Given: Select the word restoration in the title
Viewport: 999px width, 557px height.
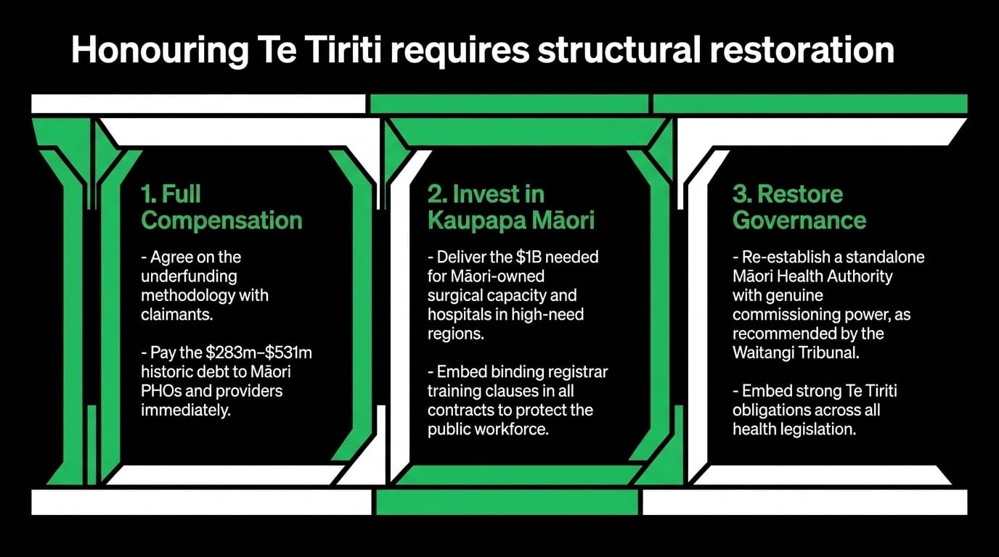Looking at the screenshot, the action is pyautogui.click(x=802, y=49).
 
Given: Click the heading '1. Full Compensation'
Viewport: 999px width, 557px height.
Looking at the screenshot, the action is pyautogui.click(x=221, y=207).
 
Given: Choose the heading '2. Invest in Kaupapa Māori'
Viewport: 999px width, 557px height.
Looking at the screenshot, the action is pyautogui.click(x=511, y=207).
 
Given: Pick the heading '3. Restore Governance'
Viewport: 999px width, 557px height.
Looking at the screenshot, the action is pyautogui.click(x=799, y=207).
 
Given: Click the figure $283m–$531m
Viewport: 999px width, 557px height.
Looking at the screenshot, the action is pyautogui.click(x=258, y=352).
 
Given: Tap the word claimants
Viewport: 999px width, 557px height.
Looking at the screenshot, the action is pyautogui.click(x=177, y=315).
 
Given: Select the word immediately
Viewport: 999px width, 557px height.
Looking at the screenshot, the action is pyautogui.click(x=186, y=410).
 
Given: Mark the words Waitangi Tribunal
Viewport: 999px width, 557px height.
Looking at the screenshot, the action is pyautogui.click(x=796, y=353).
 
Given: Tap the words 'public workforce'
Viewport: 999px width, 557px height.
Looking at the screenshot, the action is pyautogui.click(x=488, y=429).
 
